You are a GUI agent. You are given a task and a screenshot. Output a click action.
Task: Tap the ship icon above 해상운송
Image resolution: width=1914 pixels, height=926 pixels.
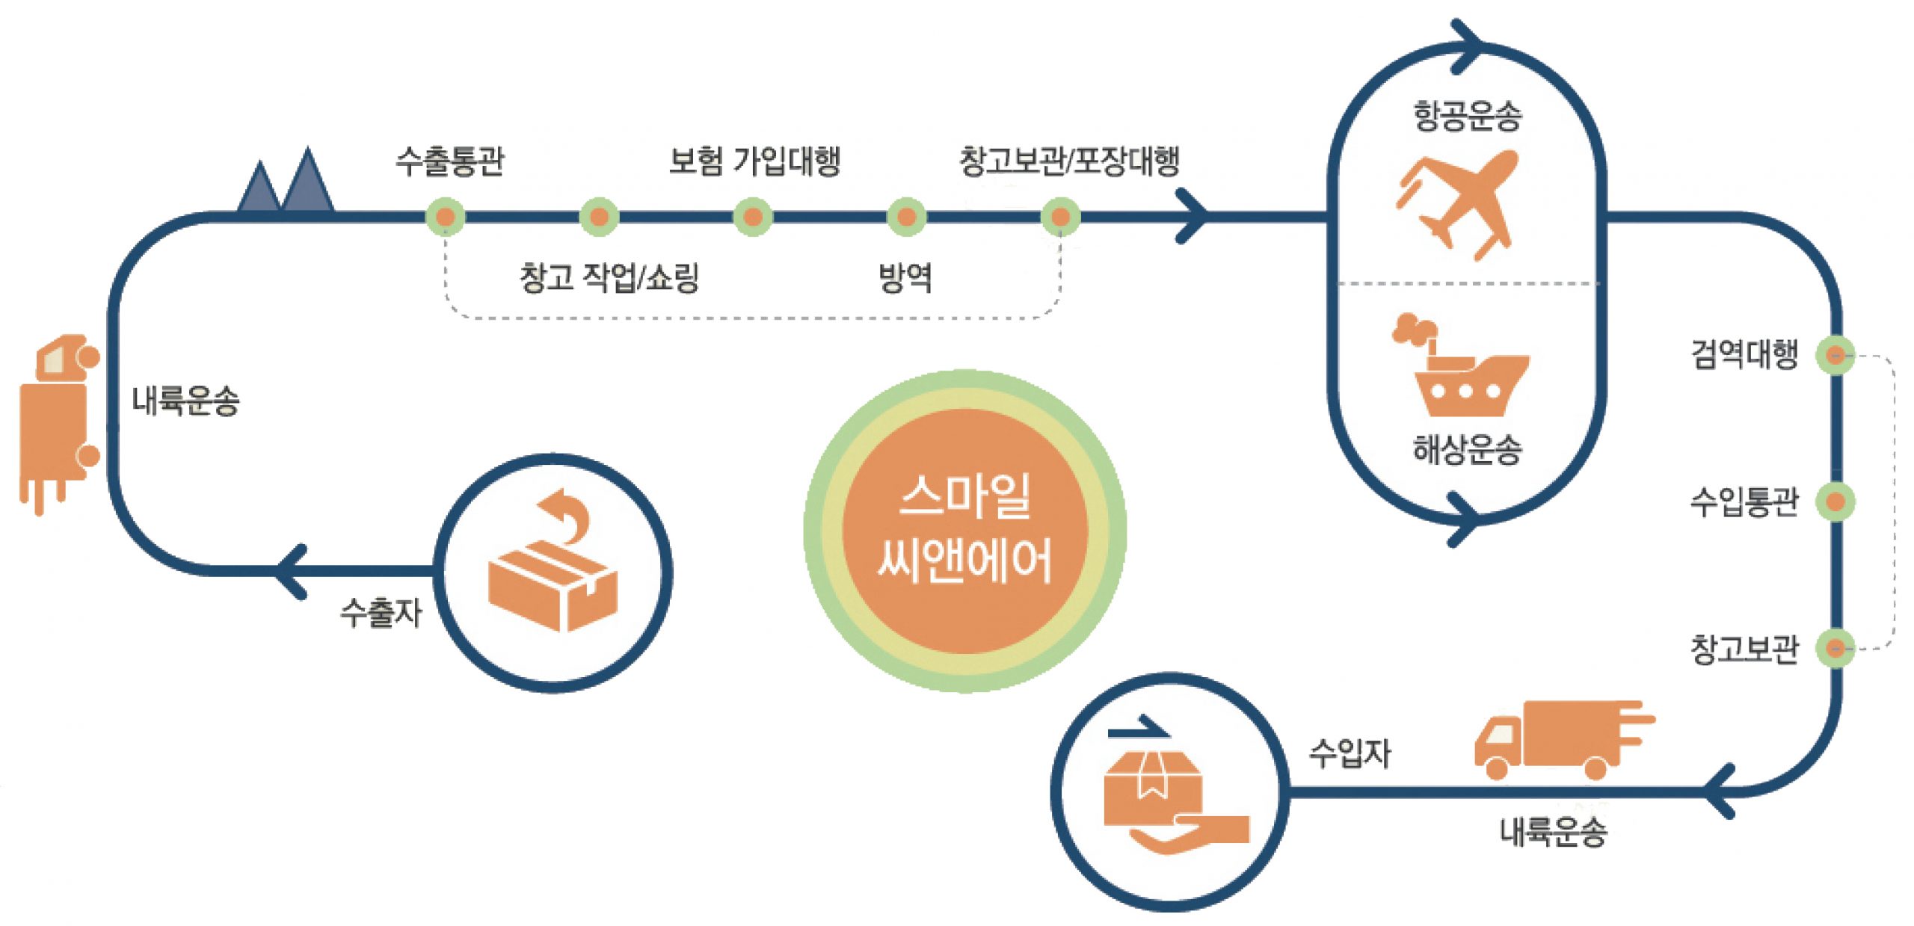click(x=1459, y=365)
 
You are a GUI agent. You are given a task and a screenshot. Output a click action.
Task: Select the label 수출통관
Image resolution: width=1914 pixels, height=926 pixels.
click(x=450, y=161)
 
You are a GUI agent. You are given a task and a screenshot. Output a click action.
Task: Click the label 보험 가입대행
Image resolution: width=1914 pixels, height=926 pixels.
click(x=754, y=161)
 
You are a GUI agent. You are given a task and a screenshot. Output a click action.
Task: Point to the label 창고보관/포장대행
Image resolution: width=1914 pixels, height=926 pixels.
click(x=1070, y=161)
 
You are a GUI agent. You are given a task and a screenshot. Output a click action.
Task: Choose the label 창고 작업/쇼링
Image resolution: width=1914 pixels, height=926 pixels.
click(x=609, y=277)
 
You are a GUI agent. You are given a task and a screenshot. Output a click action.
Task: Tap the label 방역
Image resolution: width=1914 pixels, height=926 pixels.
click(x=905, y=277)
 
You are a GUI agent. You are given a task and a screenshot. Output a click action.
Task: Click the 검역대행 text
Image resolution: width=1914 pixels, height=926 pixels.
click(x=1744, y=354)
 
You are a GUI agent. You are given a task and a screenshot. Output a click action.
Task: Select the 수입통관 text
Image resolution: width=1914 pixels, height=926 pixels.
click(x=1744, y=501)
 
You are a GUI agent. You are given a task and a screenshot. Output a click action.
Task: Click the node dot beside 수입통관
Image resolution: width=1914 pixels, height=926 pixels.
click(x=1835, y=501)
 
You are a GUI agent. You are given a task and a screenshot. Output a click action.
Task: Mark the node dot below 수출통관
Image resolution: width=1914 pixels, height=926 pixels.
click(x=445, y=217)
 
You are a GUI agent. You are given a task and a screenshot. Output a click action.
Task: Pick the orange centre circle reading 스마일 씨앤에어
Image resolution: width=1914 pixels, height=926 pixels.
click(x=964, y=531)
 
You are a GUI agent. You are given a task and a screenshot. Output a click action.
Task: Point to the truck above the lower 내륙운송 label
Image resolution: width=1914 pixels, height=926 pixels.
click(x=1564, y=740)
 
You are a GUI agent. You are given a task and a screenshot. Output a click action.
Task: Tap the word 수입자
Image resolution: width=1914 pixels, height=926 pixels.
click(x=1350, y=753)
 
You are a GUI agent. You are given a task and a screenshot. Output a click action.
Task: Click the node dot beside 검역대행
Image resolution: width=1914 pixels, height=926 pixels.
click(x=1835, y=354)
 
